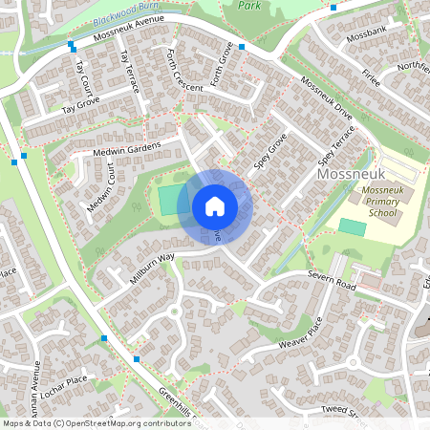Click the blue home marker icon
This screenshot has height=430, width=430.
pyautogui.click(x=215, y=206)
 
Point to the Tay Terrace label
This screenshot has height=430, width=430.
pyautogui.click(x=128, y=72)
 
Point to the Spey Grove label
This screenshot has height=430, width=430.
pyautogui.click(x=270, y=152)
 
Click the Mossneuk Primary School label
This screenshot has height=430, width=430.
pyautogui.click(x=380, y=202)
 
